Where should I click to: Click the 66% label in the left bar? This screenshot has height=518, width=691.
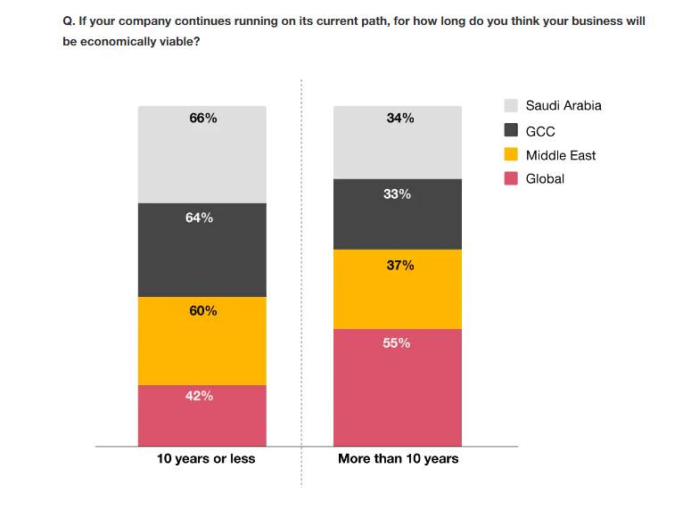(202, 118)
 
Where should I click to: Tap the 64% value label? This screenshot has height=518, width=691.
(199, 218)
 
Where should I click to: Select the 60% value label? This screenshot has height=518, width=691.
(202, 310)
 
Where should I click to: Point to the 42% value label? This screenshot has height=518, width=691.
(199, 396)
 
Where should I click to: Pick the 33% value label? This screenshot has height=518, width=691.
(397, 193)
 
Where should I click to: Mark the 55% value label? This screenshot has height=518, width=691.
(397, 342)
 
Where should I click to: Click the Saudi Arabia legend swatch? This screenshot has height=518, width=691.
(511, 105)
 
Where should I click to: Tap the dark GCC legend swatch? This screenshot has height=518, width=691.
(511, 130)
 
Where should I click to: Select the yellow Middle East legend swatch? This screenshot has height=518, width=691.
(511, 154)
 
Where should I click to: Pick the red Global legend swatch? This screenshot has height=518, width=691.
(511, 178)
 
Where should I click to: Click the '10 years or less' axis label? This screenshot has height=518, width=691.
(206, 458)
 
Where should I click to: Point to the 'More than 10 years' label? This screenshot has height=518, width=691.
(398, 458)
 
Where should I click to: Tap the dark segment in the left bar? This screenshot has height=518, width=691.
(202, 259)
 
